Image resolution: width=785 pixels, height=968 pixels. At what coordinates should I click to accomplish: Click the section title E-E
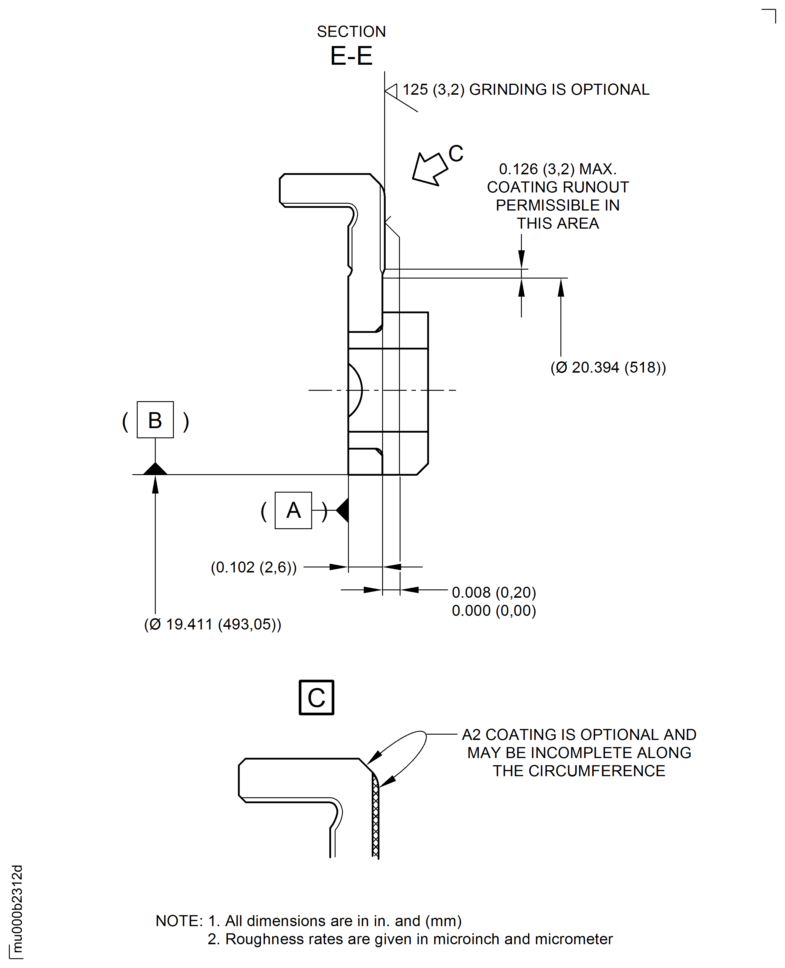[x=351, y=56]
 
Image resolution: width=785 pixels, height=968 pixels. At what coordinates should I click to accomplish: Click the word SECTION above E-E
[x=351, y=32]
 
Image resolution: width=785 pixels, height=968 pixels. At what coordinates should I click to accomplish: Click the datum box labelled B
[x=155, y=420]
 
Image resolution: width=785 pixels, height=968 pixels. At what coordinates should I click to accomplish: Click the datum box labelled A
[x=293, y=510]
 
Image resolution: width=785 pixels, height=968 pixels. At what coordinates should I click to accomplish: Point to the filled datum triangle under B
[x=155, y=469]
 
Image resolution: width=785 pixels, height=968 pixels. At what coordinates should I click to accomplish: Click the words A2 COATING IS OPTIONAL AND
[x=579, y=735]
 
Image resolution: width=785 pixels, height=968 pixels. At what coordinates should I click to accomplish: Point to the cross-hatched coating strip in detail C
[x=375, y=819]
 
